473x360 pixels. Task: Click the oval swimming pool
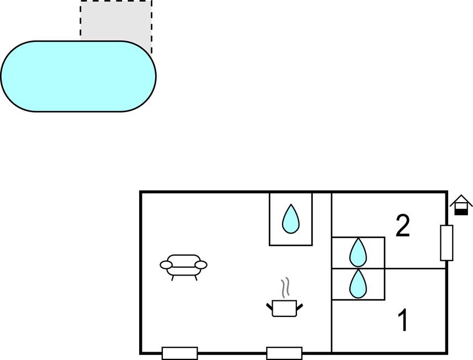pos(78,76)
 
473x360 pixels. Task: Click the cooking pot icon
pos(284,308)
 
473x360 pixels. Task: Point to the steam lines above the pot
pos(285,288)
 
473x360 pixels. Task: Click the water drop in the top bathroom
pos(291,219)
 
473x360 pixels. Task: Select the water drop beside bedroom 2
pos(358,252)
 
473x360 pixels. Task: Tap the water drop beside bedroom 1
pos(358,284)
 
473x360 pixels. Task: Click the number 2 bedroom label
pos(403,225)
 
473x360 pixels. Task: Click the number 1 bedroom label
pos(403,320)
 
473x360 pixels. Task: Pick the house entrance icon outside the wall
pos(461,205)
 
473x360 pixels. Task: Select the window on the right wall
pos(447,243)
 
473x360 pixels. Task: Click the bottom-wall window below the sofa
pos(180,353)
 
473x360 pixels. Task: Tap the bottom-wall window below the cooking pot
pos(284,353)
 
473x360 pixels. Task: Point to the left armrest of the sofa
pos(166,265)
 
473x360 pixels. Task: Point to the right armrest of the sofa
pos(201,265)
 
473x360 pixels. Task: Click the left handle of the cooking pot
pos(269,307)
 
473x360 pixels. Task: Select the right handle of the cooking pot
pos(300,307)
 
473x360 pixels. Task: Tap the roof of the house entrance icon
pos(461,200)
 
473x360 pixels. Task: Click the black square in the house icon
pos(461,212)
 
